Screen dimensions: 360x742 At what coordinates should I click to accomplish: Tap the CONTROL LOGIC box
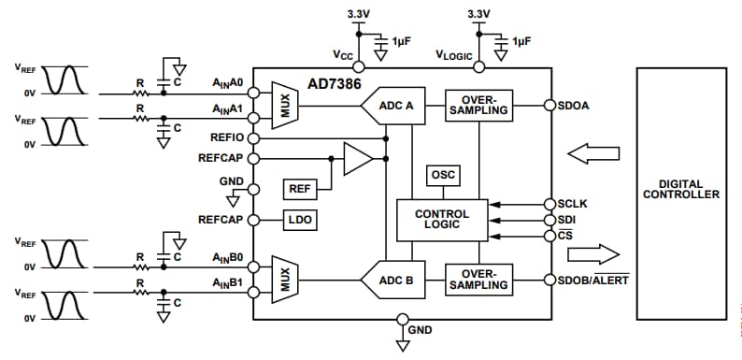(x=441, y=220)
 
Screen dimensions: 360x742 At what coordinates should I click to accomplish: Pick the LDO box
(x=300, y=220)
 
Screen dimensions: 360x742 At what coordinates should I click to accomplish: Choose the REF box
(x=300, y=189)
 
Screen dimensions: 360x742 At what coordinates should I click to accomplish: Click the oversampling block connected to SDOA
(x=478, y=105)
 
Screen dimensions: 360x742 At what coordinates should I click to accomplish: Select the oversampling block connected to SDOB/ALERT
(x=478, y=278)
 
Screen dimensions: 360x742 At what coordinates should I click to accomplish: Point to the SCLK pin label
(x=571, y=203)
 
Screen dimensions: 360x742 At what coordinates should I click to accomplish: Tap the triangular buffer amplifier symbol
(x=356, y=158)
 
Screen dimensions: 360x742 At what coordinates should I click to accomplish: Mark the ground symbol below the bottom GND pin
(x=403, y=346)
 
